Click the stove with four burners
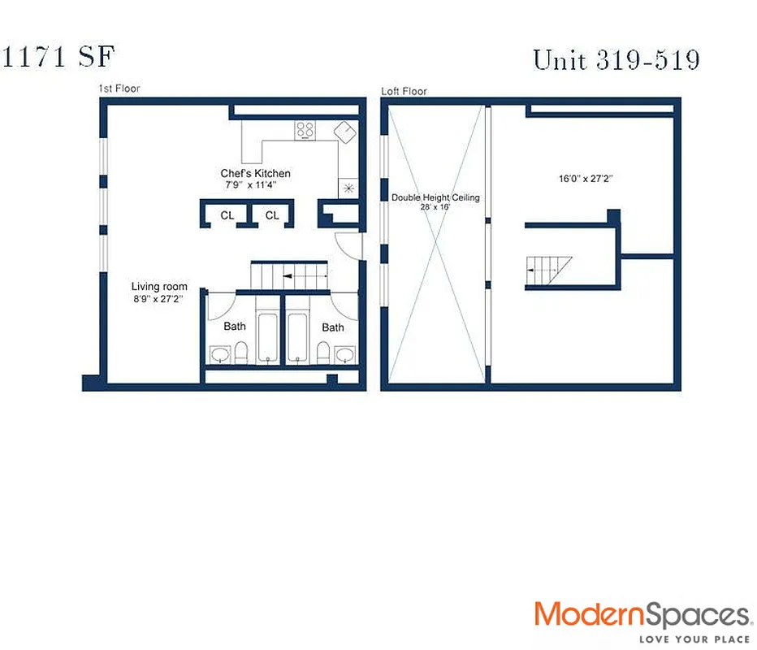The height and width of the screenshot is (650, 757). (x=305, y=130)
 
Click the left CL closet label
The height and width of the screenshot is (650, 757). (x=227, y=215)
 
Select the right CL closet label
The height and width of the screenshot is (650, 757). (x=272, y=215)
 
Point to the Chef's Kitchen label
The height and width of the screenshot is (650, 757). (x=255, y=174)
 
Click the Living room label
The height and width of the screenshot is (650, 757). (x=159, y=287)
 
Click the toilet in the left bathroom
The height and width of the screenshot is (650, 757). (x=241, y=353)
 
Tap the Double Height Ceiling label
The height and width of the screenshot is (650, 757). (x=435, y=197)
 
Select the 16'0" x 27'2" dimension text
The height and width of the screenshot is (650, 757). (x=585, y=179)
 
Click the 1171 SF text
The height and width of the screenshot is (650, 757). (x=58, y=58)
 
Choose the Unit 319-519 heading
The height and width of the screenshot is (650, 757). (x=616, y=59)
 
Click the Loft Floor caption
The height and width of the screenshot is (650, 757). (x=404, y=91)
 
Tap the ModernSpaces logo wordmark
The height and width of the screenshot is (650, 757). (x=642, y=615)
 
